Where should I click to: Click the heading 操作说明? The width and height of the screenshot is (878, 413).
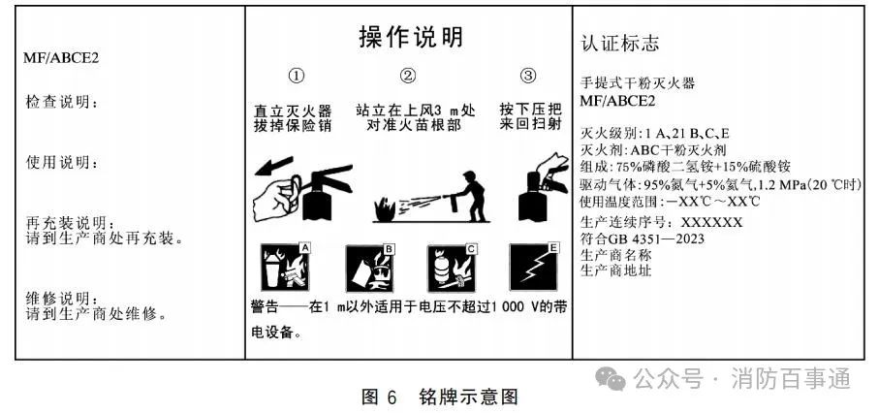coord(411,37)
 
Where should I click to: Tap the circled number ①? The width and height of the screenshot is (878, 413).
coord(297,76)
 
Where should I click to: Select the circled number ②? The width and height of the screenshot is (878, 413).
coord(408,76)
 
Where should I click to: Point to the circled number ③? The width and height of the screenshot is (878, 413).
coord(528,76)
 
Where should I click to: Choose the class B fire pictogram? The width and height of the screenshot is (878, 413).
coord(369,269)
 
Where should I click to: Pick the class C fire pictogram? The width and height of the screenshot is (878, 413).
coord(453,269)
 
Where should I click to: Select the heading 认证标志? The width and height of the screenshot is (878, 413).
coord(620,44)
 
